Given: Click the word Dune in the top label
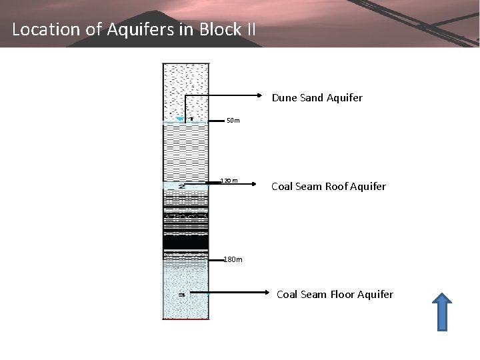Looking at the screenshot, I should [285, 98].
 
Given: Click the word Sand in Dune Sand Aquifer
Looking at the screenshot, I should [311, 98].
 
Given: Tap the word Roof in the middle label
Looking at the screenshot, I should [338, 187].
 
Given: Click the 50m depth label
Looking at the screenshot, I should [233, 121].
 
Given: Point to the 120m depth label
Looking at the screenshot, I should [229, 181].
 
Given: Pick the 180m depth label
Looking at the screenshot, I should [233, 259].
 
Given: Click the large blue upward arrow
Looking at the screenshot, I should [441, 311].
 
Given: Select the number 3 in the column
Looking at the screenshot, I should [181, 293].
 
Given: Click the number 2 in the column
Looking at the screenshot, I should [182, 186].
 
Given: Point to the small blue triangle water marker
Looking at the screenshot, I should [179, 119].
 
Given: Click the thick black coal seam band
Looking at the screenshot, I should [185, 241].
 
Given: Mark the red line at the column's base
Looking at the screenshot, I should [185, 319].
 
